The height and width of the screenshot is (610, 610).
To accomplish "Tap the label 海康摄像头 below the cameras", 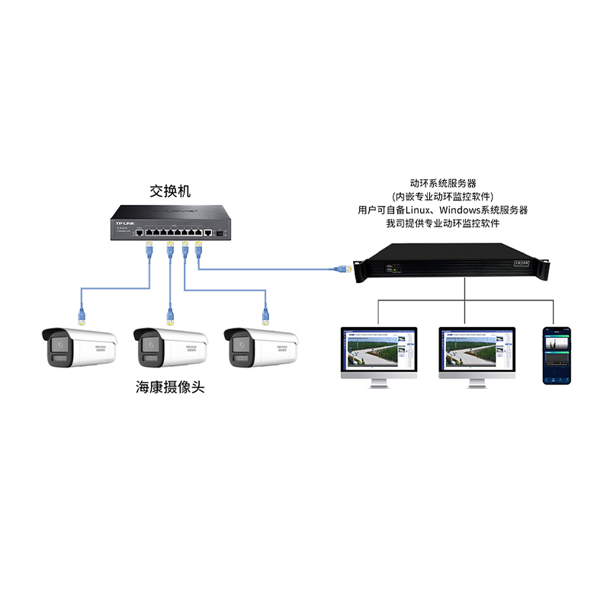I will coord(170,387).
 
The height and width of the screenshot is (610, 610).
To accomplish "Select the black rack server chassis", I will coord(454,264).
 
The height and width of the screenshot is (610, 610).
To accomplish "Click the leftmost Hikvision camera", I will coord(80,348).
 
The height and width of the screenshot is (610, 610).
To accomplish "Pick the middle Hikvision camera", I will coord(170,348).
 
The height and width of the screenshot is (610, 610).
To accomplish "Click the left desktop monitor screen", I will coord(379,352).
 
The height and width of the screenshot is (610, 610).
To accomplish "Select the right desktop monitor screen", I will coord(477,352).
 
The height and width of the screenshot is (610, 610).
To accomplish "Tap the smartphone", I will coord(556,355).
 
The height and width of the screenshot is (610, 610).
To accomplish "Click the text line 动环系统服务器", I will coord(443,183).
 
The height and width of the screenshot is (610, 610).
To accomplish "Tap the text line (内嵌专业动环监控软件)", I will coord(443,197).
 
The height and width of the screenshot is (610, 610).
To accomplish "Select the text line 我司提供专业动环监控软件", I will coord(443,223).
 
